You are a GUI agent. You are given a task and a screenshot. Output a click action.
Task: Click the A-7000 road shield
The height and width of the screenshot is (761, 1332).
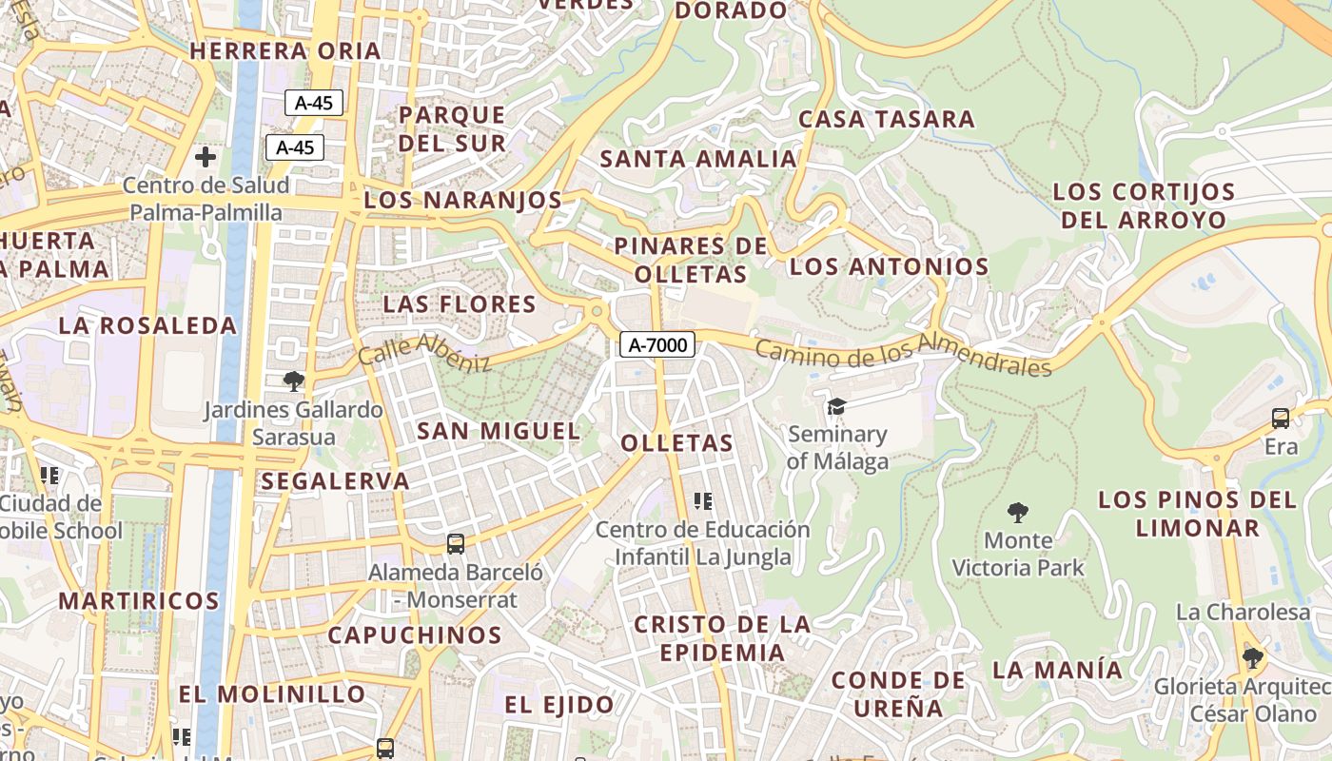click(657, 344)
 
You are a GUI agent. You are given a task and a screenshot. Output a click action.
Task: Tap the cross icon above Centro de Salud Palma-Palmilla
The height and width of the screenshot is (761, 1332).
click(205, 156)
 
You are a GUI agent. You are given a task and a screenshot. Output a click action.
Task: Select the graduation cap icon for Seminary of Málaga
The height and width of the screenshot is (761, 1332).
click(836, 406)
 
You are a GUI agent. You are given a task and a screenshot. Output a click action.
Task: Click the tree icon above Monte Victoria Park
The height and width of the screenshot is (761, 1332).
click(1018, 513)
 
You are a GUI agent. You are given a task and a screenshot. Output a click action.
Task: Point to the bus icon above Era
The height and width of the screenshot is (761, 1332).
click(1281, 418)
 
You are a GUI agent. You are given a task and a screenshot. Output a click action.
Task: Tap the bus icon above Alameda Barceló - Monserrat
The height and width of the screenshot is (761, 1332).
click(456, 544)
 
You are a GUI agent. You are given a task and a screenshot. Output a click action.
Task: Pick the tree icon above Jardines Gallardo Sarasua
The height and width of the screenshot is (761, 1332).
click(294, 381)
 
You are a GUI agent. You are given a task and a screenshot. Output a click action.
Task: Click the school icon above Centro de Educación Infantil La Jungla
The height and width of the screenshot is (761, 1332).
click(703, 500)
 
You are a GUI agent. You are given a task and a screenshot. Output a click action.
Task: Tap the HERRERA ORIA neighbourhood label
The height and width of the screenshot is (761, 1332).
click(285, 50)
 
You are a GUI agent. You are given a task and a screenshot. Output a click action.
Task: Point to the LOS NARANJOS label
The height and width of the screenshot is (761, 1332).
click(463, 200)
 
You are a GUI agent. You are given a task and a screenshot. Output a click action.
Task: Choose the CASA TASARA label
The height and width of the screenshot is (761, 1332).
click(887, 119)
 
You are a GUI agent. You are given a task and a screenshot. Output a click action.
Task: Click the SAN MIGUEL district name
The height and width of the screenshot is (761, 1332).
click(499, 431)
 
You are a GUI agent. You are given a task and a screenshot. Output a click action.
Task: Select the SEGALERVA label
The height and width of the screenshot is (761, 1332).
click(335, 480)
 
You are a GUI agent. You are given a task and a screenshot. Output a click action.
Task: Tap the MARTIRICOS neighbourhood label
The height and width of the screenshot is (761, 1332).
click(139, 601)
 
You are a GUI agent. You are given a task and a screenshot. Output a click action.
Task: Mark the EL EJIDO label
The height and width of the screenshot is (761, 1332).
click(559, 705)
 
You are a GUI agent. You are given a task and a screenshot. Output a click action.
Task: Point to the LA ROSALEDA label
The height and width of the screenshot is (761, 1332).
click(147, 325)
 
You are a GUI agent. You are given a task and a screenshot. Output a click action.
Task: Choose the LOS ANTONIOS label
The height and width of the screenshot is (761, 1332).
click(890, 266)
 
